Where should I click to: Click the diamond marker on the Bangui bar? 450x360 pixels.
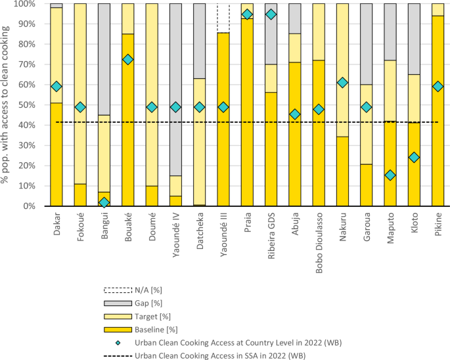104,203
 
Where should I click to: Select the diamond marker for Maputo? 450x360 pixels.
390,175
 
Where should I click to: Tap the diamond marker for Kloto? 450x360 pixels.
414,157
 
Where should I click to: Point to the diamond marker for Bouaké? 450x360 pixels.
128,60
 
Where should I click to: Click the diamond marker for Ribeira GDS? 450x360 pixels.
271,14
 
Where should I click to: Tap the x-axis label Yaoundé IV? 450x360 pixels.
176,235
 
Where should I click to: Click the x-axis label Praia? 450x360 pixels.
248,223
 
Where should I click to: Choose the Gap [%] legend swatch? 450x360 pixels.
118,303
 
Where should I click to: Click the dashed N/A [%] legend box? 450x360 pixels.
118,290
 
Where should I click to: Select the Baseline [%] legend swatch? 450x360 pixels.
118,330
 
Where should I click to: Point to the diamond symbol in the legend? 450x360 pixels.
118,343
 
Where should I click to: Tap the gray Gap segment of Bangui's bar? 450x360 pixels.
104,59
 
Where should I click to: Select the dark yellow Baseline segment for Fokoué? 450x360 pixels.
80,195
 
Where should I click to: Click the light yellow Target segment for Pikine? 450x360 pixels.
438,10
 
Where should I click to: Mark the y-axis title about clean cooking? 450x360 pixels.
5,105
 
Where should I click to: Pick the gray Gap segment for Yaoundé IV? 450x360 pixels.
175,89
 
